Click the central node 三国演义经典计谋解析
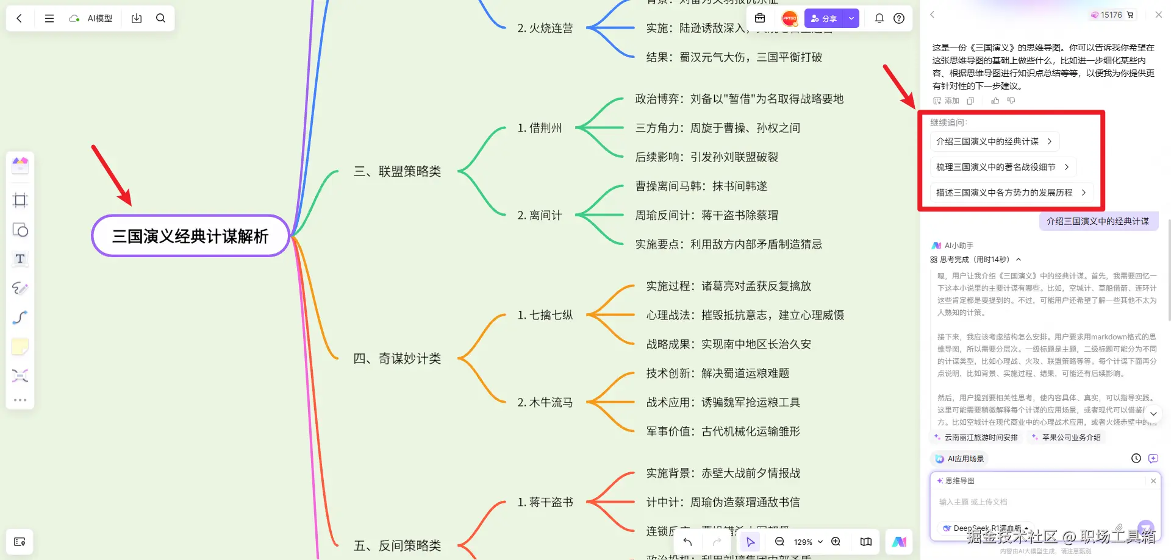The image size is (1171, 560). (x=190, y=236)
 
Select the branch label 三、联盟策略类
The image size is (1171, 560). (x=397, y=171)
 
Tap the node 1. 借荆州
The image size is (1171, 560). (x=539, y=128)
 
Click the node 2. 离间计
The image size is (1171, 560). (x=539, y=215)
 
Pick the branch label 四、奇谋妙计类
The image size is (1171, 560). (x=397, y=358)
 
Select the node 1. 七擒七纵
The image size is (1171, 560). (x=545, y=315)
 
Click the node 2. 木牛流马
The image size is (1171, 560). (x=545, y=402)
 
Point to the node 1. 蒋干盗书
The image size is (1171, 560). (x=545, y=502)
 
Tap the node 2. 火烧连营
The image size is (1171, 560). (x=545, y=28)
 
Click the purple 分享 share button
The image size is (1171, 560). (x=823, y=18)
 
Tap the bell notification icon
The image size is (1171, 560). (x=879, y=18)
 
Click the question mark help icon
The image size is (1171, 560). (x=899, y=18)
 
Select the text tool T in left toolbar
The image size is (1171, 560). (x=20, y=259)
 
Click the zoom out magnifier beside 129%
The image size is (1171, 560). (x=779, y=542)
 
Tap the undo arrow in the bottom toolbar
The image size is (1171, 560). (x=687, y=542)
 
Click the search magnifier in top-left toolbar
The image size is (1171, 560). (x=160, y=18)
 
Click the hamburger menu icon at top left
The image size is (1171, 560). (x=49, y=18)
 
